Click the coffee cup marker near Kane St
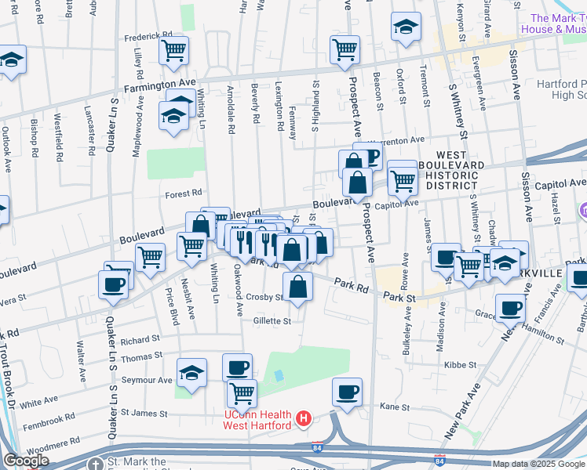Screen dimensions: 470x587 [347, 392]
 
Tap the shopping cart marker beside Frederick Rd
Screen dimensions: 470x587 [173, 51]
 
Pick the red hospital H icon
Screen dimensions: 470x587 [304, 420]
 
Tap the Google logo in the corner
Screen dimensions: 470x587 [26, 461]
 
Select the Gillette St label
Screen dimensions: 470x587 [272, 320]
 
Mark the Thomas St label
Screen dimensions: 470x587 [141, 357]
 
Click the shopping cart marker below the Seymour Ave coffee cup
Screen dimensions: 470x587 [242, 392]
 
